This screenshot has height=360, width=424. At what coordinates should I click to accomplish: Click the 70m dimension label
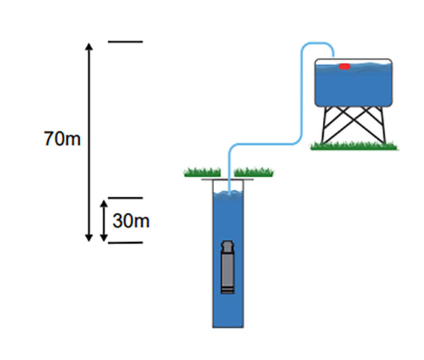[62, 138]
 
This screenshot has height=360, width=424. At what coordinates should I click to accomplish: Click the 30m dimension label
[131, 221]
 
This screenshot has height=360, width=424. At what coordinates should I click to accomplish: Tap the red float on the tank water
[344, 67]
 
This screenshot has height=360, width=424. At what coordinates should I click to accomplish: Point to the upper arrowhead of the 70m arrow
[89, 47]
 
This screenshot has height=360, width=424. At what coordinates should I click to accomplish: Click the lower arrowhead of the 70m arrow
[89, 238]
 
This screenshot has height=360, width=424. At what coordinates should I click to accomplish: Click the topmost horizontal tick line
[125, 42]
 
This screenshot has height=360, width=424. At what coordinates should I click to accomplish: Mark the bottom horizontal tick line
[125, 243]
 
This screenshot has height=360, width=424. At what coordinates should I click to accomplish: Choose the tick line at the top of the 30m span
[125, 198]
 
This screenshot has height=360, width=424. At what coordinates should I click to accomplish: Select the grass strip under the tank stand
[354, 146]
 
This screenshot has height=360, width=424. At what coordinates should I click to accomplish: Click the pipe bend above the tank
[314, 44]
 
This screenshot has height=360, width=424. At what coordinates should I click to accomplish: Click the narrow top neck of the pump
[228, 246]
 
